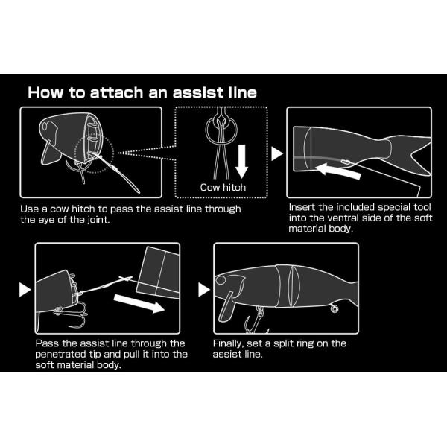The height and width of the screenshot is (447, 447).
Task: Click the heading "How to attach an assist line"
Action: pyautogui.click(x=142, y=92)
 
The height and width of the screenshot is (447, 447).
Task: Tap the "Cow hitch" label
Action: pyautogui.click(x=223, y=187)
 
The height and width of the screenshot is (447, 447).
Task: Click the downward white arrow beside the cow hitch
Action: pyautogui.click(x=241, y=162)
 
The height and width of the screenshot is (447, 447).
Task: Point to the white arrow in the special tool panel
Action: pyautogui.click(x=338, y=170)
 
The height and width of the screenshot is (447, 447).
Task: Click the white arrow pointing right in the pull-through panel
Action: pyautogui.click(x=139, y=304)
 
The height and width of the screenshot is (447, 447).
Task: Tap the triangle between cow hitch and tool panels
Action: pyautogui.click(x=277, y=153)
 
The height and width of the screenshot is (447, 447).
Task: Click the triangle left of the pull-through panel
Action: pyautogui.click(x=25, y=289)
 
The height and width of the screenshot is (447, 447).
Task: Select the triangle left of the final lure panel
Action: pyautogui.click(x=204, y=290)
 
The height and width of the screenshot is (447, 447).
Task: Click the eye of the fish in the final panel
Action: pyautogui.click(x=221, y=280)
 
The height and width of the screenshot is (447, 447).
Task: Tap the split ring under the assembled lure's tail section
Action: pyautogui.click(x=334, y=308)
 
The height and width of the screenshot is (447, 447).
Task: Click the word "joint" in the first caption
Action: pyautogui.click(x=98, y=220)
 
